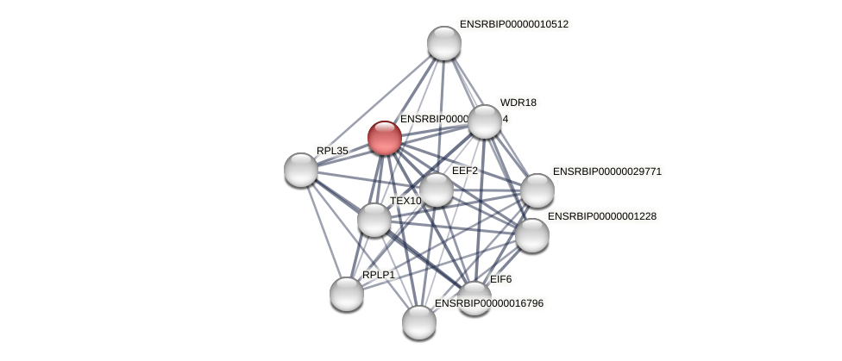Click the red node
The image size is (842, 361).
click(385, 138)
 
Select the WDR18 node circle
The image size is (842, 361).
click(485, 121)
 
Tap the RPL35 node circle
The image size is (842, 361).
click(301, 170)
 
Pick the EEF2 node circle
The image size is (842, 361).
click(437, 190)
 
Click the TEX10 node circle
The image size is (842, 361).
click(374, 220)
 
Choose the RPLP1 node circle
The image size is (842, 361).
click(347, 294)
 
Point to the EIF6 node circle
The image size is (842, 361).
click(474, 297)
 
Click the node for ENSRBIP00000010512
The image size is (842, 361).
click(444, 43)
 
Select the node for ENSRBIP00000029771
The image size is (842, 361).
click(537, 190)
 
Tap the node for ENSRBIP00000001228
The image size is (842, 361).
click(532, 235)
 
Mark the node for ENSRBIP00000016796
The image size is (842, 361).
click(419, 322)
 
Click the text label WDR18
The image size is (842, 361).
click(518, 103)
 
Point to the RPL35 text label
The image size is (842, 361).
click(332, 151)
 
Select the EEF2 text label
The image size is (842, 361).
click(465, 171)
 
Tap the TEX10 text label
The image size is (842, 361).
click(405, 201)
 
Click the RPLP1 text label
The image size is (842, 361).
click(379, 275)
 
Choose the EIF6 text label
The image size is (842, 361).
click(500, 279)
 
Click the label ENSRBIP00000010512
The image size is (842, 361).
click(513, 24)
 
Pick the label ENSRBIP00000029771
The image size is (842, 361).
click(606, 171)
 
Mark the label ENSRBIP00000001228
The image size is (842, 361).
click(601, 216)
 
